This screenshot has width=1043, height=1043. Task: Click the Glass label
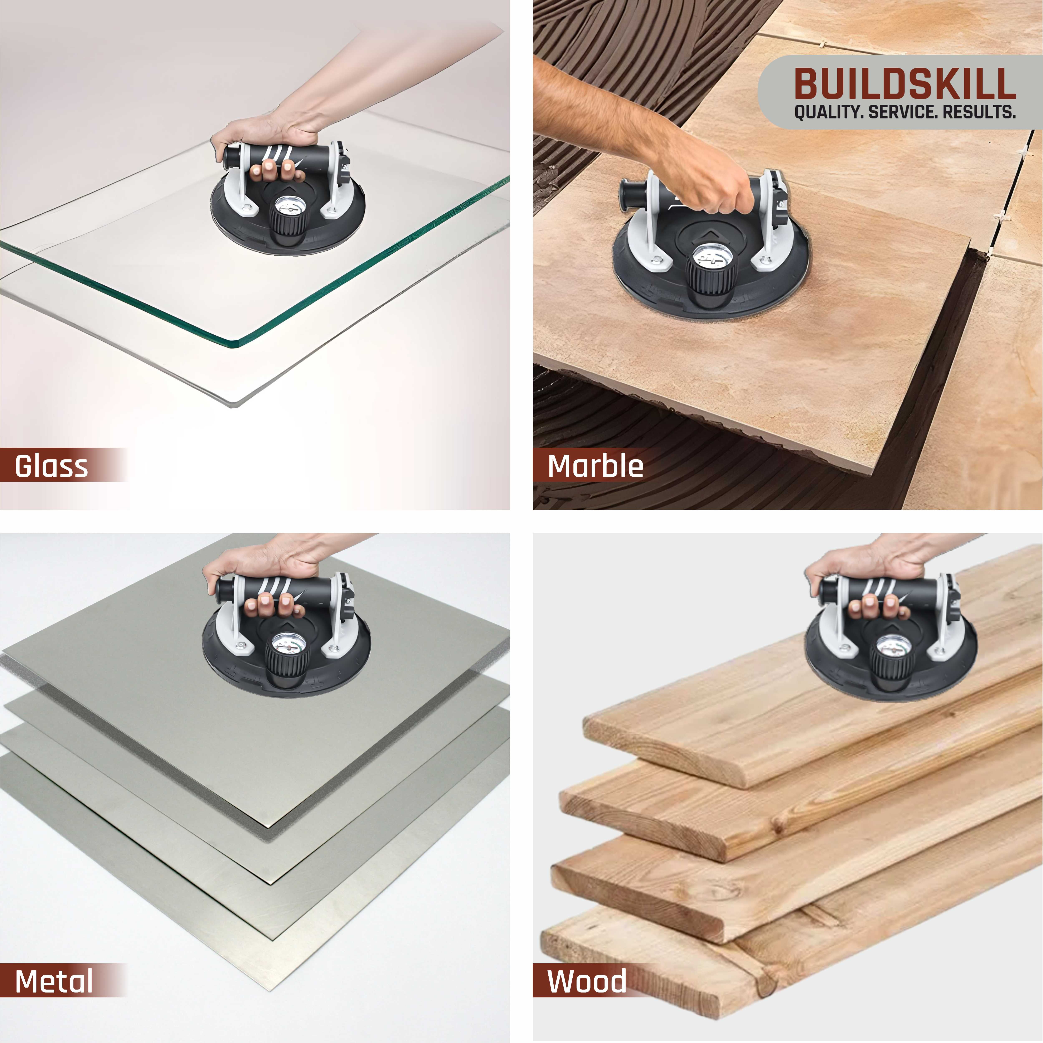51,466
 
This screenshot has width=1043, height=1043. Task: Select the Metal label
54,981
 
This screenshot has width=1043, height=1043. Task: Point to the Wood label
587,981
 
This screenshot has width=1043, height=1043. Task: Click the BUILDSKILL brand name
905,84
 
